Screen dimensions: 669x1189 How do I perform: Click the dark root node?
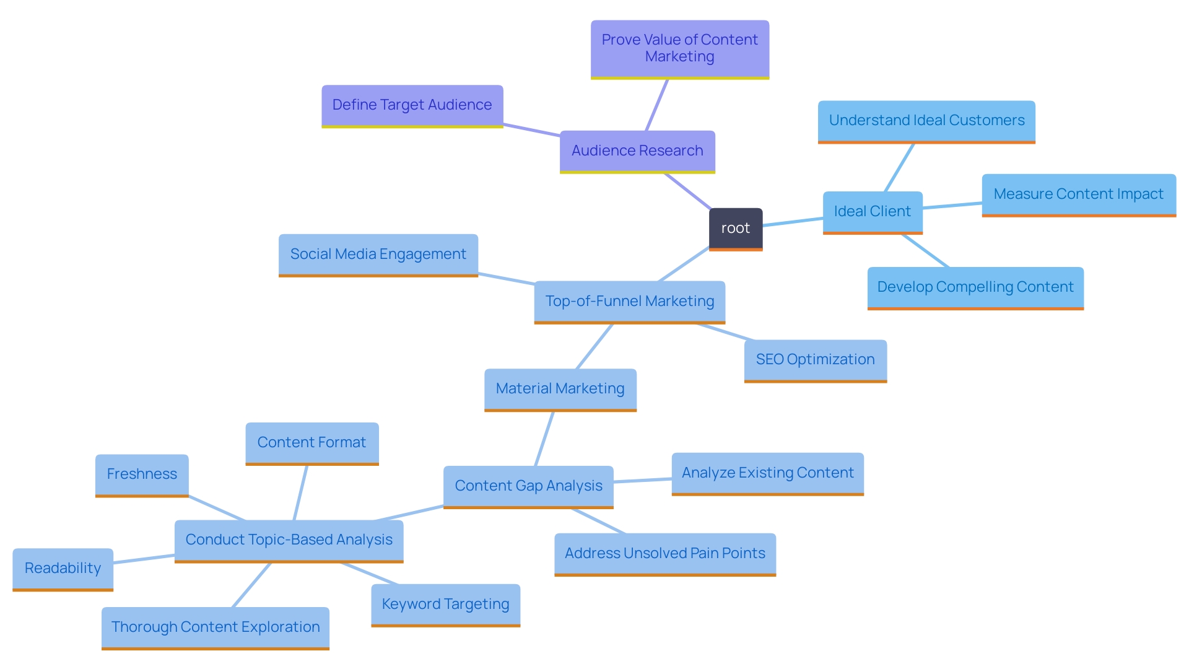point(735,229)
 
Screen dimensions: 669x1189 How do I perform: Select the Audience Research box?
point(637,151)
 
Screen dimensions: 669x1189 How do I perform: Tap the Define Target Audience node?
point(412,105)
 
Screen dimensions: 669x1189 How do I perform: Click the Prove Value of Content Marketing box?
point(679,48)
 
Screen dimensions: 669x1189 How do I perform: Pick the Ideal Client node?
point(872,212)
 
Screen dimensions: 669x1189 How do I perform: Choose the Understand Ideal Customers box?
point(926,121)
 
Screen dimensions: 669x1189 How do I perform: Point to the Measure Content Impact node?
point(1078,195)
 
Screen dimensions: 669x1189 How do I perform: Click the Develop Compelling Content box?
point(975,287)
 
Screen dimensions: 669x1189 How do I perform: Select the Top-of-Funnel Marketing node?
point(629,302)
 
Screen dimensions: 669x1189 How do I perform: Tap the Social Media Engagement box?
point(378,255)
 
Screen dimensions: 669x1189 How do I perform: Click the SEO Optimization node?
point(815,360)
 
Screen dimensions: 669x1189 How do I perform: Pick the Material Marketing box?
point(560,389)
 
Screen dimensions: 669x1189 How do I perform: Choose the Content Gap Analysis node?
point(528,486)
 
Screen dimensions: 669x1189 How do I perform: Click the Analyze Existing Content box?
point(767,473)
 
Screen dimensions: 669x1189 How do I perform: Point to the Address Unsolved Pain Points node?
point(664,554)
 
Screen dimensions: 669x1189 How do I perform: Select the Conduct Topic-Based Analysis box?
point(289,540)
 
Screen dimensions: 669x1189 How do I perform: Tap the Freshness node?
point(141,474)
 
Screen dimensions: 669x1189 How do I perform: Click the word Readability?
point(63,569)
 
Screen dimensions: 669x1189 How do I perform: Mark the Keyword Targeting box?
point(445,605)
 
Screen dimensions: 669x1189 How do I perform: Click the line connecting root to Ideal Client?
point(793,222)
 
